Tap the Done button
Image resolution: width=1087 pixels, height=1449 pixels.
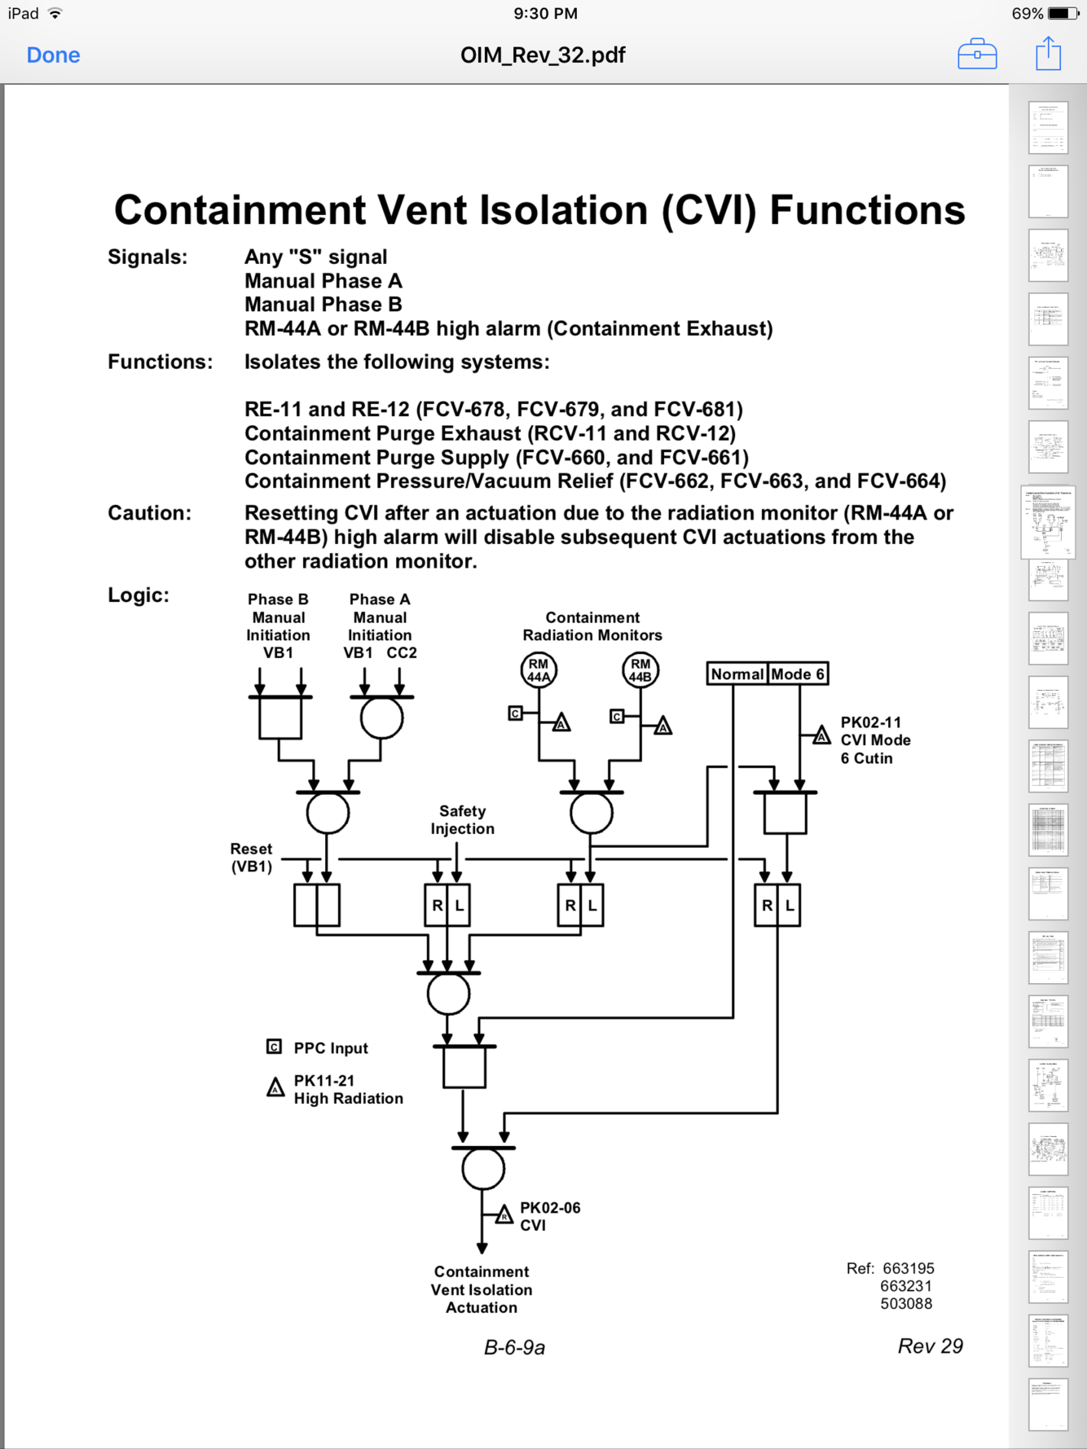click(x=53, y=55)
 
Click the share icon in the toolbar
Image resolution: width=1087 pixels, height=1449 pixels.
click(x=1048, y=55)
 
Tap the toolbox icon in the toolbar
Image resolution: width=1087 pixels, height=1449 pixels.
click(x=977, y=55)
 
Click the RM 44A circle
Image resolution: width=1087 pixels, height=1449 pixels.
click(x=539, y=670)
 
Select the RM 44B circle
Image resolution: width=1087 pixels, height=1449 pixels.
click(x=640, y=670)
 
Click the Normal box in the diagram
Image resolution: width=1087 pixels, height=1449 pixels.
click(x=737, y=674)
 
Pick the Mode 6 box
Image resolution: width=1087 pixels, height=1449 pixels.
click(x=798, y=674)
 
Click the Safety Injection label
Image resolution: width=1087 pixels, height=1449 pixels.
click(x=462, y=819)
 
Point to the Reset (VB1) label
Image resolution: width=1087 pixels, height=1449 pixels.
click(x=251, y=858)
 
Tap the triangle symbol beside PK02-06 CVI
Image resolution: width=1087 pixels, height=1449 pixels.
click(x=504, y=1215)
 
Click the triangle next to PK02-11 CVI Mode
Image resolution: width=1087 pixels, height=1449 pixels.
click(x=821, y=736)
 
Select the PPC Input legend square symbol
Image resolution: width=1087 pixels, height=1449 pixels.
click(x=275, y=1047)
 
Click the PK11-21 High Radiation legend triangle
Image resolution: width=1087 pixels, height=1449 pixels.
click(x=275, y=1087)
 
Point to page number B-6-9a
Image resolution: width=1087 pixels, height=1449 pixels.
click(x=514, y=1348)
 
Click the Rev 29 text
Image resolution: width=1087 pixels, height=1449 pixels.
click(x=930, y=1346)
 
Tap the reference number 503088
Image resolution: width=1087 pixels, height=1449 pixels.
click(x=906, y=1303)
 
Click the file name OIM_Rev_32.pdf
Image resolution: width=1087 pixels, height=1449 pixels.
click(x=543, y=55)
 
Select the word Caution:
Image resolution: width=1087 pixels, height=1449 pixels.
click(x=149, y=513)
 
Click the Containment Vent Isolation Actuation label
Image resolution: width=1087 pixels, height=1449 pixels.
click(x=482, y=1289)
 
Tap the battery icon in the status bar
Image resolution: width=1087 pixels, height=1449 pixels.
click(x=1063, y=13)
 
